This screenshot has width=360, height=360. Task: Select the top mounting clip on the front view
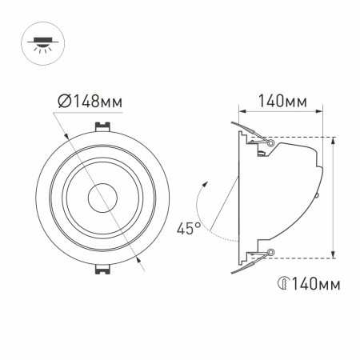[102, 126]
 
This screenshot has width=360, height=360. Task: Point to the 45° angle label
[189, 228]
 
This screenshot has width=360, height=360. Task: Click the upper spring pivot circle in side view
[272, 142]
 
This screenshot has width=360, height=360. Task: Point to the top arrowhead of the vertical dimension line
[333, 140]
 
